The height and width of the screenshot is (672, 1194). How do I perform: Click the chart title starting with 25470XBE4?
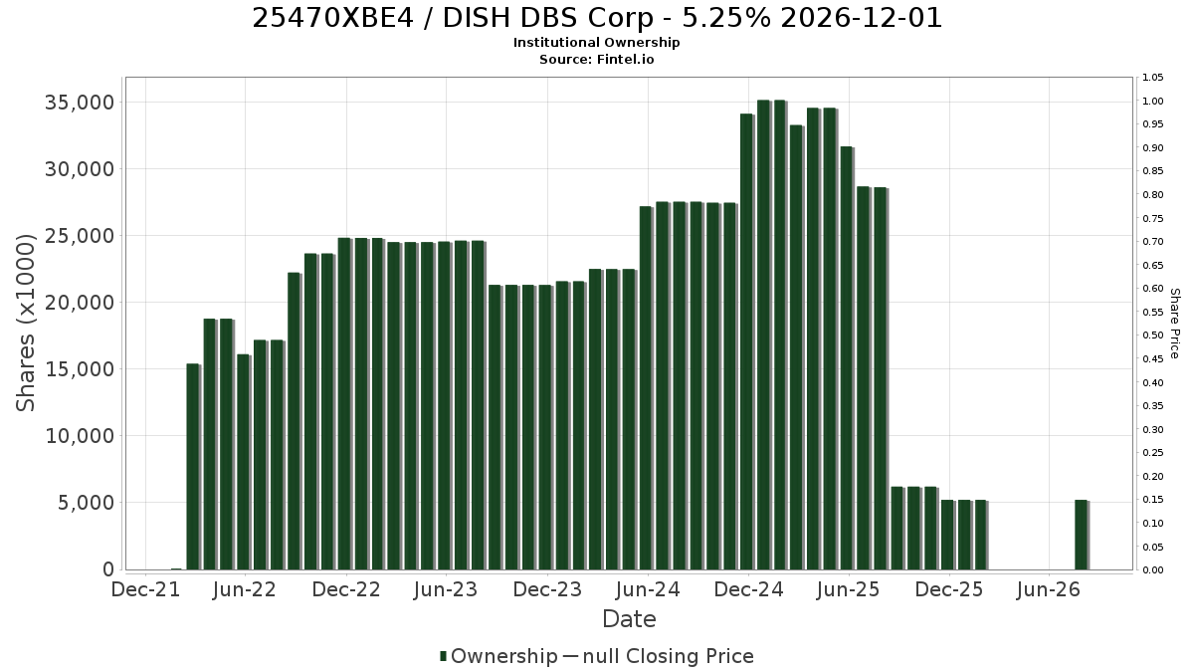[597, 18]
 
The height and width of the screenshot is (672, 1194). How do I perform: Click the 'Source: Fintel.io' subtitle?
[596, 59]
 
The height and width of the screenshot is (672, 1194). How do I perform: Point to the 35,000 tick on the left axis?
[80, 102]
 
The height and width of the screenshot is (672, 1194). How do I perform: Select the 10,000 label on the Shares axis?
[80, 436]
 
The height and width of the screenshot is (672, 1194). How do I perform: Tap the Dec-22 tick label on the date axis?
[346, 589]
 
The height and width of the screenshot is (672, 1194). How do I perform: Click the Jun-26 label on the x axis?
[1049, 589]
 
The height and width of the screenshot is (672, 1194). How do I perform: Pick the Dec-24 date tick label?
[748, 589]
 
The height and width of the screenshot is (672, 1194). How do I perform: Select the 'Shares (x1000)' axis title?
[25, 324]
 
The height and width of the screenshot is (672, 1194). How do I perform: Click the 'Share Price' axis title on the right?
[1174, 324]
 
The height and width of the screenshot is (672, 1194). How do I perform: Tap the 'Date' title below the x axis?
[629, 619]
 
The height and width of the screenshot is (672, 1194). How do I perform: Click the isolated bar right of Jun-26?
[1082, 535]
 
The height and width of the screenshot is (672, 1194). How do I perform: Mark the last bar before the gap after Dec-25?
[981, 535]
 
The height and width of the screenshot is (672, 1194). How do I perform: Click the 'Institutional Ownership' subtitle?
[596, 43]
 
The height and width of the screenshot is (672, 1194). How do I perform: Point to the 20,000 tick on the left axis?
[80, 303]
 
